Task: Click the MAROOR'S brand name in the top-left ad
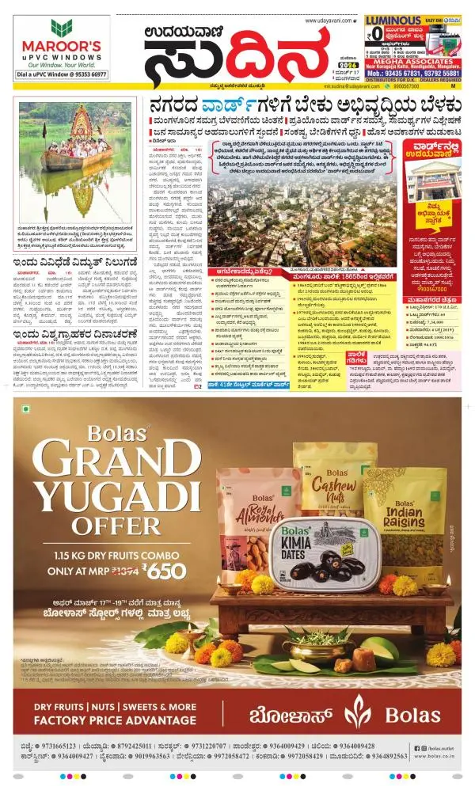(61, 46)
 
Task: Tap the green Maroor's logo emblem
(61, 28)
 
